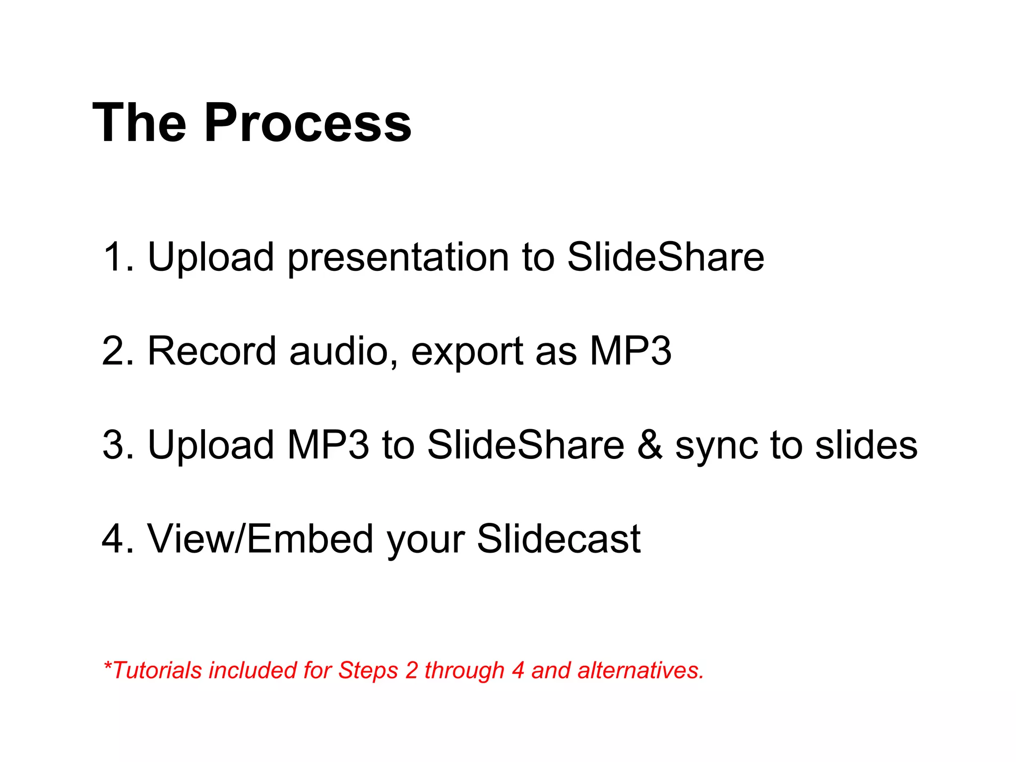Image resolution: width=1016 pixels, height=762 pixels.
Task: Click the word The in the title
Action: [139, 123]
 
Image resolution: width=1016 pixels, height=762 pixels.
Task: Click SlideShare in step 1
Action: [665, 257]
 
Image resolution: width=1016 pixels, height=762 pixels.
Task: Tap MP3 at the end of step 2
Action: [630, 351]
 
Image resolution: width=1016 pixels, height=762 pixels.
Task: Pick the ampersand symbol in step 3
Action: [650, 445]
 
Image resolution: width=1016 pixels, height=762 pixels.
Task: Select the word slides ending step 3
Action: [866, 445]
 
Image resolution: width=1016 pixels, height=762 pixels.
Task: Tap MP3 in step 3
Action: [328, 445]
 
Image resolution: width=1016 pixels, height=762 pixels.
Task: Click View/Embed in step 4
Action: [260, 539]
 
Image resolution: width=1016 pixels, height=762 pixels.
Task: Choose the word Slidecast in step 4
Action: [559, 539]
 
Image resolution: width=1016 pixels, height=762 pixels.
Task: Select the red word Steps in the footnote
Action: [368, 671]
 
